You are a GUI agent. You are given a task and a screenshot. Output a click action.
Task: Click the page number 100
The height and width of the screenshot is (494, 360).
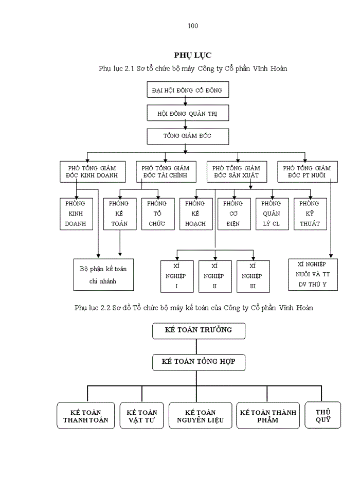coord(193,26)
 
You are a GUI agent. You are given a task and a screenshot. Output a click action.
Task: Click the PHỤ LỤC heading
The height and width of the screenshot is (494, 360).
coord(192,55)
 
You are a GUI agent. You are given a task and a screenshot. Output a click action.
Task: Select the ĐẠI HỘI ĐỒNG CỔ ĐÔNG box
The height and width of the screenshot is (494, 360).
coord(187,90)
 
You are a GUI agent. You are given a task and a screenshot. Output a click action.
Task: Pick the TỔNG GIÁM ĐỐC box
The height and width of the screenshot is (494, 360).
coord(187,136)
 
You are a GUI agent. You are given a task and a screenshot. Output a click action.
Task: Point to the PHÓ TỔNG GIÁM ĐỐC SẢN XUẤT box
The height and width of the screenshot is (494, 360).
coord(236,172)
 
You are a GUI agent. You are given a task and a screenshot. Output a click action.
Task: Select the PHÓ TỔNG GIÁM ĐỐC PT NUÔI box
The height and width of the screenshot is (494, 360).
coord(307,172)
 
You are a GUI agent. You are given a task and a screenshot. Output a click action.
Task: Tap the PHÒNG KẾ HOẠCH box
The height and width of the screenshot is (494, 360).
coord(195,214)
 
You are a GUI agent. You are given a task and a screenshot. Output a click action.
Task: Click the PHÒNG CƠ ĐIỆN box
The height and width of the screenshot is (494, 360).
coord(233,214)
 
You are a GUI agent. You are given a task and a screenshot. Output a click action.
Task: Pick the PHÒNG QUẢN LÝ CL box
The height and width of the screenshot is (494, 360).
coord(272,214)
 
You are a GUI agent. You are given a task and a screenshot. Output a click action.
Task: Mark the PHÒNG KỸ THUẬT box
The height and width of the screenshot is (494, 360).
coord(310,214)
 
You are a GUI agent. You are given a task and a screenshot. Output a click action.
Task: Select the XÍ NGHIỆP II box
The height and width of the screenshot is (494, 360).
coord(214,276)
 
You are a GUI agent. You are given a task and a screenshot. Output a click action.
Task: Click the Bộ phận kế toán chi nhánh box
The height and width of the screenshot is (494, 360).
coord(103,275)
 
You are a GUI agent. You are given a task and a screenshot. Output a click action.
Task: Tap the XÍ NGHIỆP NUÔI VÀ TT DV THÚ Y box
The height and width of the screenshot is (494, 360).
coord(313,275)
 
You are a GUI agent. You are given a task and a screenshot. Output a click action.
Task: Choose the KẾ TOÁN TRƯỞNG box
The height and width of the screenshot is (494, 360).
coord(199,330)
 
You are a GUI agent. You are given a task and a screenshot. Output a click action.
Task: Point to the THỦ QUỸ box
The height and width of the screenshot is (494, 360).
coord(323,415)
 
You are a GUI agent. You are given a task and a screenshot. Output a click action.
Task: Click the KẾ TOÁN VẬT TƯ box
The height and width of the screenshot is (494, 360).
coord(142,416)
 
